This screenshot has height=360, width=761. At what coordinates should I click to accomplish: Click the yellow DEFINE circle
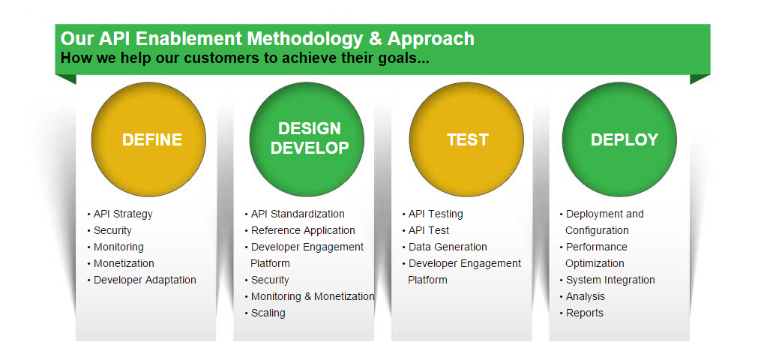coord(148,139)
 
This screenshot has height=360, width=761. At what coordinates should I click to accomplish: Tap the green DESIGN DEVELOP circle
coord(307,139)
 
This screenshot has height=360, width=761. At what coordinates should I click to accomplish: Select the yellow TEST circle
coord(466,139)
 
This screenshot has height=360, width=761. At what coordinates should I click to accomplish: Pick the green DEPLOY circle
coord(619,139)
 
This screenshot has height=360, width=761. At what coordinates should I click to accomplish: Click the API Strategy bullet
coord(123,214)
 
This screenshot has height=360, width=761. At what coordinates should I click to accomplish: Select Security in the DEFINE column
coord(112,230)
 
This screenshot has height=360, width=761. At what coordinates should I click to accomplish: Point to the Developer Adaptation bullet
coord(145,280)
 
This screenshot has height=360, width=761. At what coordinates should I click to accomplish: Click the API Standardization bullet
coord(298,214)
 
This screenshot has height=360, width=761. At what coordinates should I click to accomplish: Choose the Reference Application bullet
coord(303,230)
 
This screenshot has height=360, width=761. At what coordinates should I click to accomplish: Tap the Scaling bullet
coord(268,313)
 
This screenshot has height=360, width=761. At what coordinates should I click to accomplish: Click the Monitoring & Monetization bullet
coord(313,296)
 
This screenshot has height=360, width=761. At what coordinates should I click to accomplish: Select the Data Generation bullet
coord(448,247)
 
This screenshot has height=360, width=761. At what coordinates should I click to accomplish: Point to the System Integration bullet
coord(610,280)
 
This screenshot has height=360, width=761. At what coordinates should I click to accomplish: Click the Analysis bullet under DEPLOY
coord(586,296)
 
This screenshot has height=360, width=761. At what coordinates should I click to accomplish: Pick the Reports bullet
coord(584,313)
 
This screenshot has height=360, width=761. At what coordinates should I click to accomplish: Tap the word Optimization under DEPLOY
coord(595,263)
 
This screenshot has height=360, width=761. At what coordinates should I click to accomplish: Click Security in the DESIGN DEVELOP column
coord(270,280)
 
